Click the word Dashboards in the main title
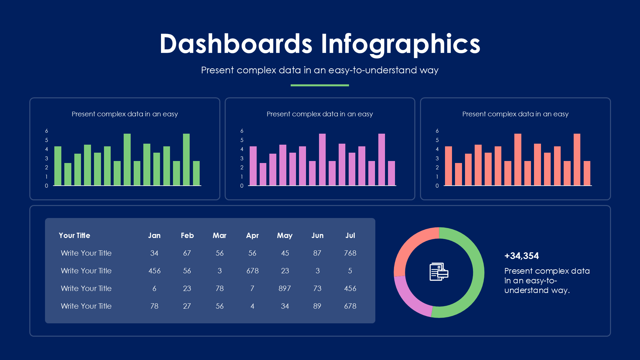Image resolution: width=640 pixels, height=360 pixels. click(x=236, y=44)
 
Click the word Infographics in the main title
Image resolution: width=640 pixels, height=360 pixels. click(x=400, y=44)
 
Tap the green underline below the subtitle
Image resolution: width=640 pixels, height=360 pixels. click(x=320, y=85)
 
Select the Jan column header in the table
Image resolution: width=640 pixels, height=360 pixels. click(x=154, y=235)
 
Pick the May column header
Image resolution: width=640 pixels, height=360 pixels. click(x=285, y=235)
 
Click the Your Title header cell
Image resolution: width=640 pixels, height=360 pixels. click(x=74, y=235)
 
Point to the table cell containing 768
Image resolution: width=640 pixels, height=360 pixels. click(x=350, y=253)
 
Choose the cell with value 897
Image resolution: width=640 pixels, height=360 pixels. click(x=285, y=288)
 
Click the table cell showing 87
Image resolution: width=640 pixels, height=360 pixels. click(x=317, y=253)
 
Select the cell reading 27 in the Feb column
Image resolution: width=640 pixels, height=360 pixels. click(x=187, y=306)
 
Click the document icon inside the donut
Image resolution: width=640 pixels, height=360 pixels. click(x=439, y=272)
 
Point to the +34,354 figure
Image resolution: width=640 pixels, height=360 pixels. click(x=522, y=256)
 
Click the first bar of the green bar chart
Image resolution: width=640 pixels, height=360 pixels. click(x=58, y=166)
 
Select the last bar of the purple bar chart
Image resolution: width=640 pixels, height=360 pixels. click(x=391, y=173)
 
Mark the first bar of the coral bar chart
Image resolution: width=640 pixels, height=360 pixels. click(x=448, y=166)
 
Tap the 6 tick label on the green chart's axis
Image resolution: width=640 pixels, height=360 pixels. click(x=46, y=131)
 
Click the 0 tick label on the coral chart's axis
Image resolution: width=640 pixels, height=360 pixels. click(x=437, y=186)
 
